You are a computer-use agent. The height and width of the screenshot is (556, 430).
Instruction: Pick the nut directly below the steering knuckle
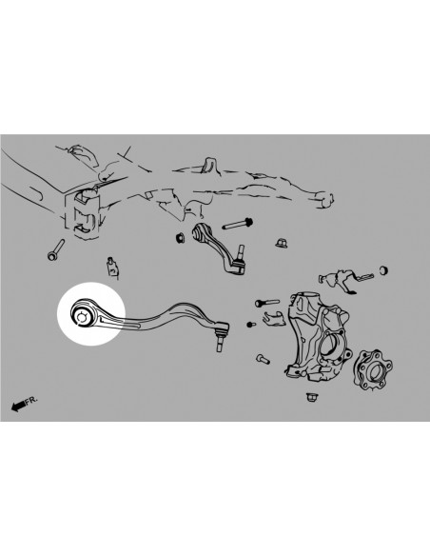coord(312,391)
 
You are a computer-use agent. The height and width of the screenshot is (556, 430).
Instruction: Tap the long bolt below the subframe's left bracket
coord(53,252)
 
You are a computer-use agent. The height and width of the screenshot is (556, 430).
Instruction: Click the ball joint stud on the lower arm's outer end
coord(221,340)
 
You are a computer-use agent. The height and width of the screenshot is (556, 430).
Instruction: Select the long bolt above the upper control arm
coord(235,227)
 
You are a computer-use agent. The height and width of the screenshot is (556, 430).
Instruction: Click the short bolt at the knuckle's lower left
coord(263,361)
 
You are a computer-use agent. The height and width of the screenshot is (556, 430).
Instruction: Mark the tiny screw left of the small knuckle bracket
coord(249,325)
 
